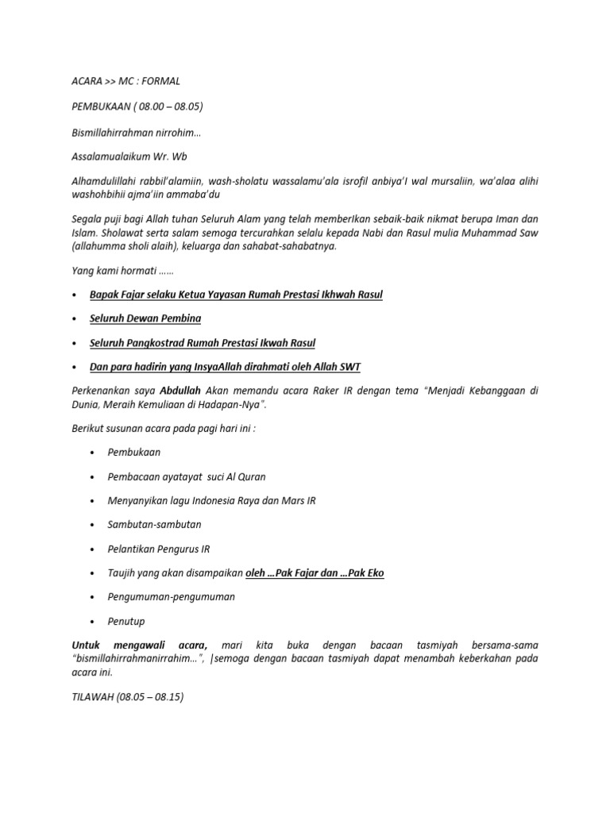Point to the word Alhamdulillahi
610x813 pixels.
[x=102, y=182]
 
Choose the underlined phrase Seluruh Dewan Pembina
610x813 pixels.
[x=145, y=318]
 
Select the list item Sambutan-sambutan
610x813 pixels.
[x=154, y=525]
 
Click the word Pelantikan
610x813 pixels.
[x=132, y=549]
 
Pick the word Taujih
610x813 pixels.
[x=122, y=572]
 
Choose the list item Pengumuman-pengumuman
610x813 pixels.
[x=171, y=596]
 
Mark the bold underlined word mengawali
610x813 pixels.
[x=154, y=645]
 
